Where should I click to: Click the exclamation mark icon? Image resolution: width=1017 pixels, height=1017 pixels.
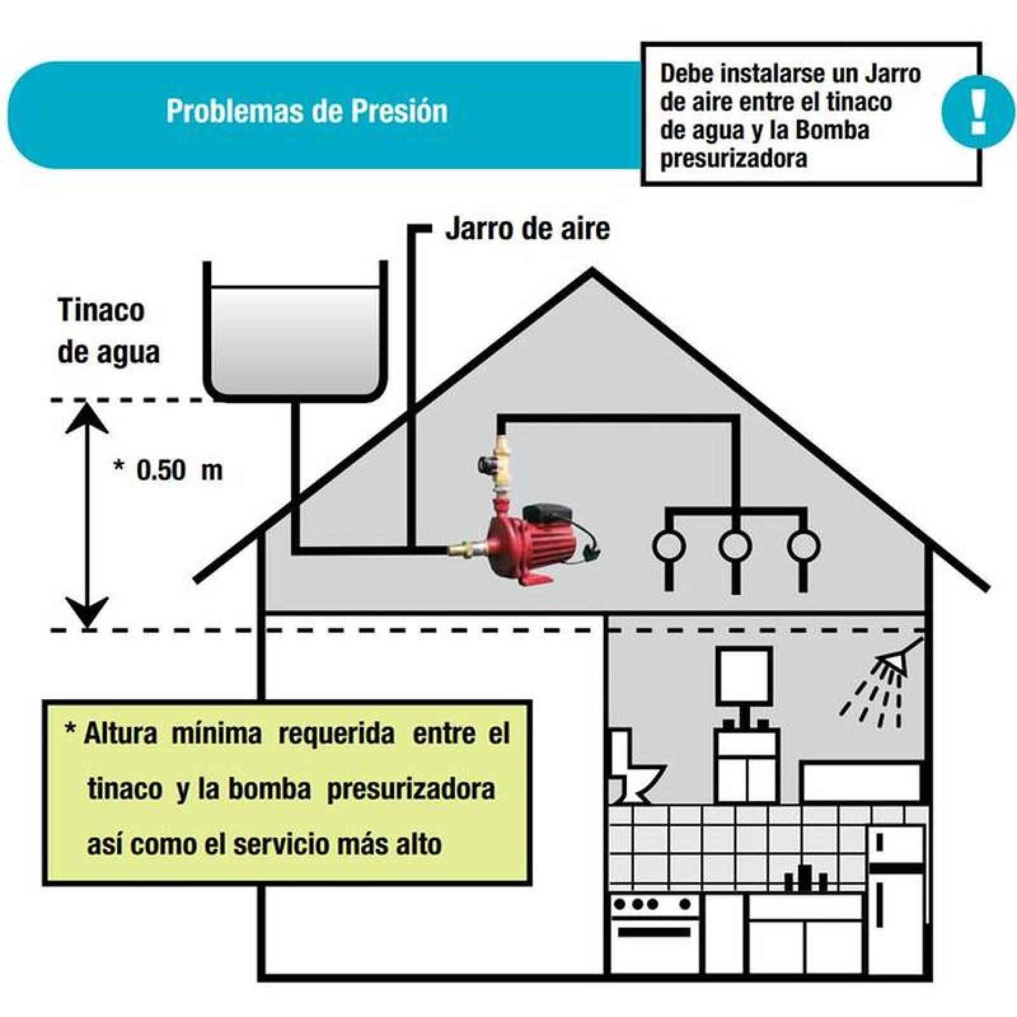coord(978,111)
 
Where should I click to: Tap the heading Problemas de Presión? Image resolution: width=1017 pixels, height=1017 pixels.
coord(307,111)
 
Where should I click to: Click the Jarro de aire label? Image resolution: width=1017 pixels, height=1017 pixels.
coord(528,229)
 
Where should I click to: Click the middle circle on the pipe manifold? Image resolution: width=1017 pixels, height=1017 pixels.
coord(735,545)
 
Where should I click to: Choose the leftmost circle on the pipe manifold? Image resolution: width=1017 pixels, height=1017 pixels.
coord(669,545)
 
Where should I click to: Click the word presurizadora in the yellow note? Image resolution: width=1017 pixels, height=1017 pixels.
coord(411,789)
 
